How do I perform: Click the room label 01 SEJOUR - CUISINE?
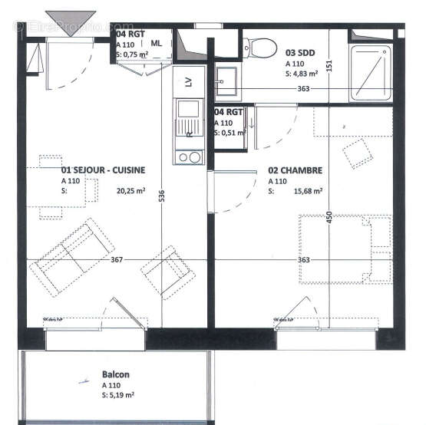tap(103, 170)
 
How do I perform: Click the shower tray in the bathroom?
tap(372, 72)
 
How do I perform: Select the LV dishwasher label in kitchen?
tap(189, 81)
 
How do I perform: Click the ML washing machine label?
tap(157, 44)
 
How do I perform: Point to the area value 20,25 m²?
tap(131, 193)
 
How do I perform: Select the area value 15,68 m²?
tap(306, 192)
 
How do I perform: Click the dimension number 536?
tap(161, 197)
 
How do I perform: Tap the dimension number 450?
tap(329, 219)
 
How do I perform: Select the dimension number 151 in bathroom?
tap(329, 67)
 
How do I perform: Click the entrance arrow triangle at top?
tap(71, 18)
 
